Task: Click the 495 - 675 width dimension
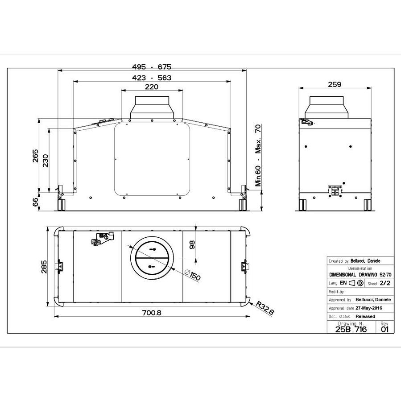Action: (152, 67)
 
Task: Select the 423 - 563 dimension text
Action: (152, 77)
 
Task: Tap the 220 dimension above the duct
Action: (152, 87)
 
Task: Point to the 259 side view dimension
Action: (334, 84)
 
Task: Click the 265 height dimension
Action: (35, 156)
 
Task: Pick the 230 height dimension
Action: (45, 161)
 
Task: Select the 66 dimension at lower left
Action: (35, 202)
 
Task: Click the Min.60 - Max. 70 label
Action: (258, 156)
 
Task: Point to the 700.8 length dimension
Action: (152, 313)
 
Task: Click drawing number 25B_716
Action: (351, 329)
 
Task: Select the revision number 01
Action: (385, 329)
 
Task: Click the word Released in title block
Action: (365, 316)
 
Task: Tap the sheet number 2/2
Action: (384, 283)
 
